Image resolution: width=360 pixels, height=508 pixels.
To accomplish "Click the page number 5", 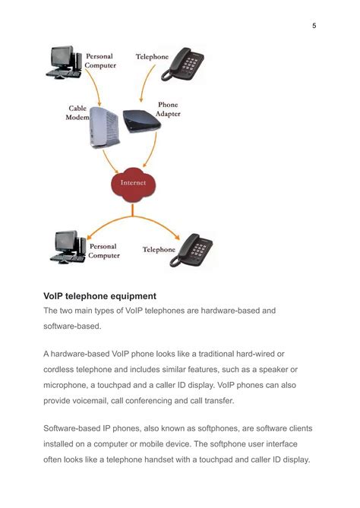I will (x=314, y=26).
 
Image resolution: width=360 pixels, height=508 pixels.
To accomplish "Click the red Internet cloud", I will (x=132, y=183).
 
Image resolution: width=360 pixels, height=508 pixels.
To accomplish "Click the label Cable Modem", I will (x=77, y=113).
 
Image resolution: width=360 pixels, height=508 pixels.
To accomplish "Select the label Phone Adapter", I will (x=168, y=109).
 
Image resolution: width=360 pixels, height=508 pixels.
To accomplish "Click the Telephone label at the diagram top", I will (x=152, y=57).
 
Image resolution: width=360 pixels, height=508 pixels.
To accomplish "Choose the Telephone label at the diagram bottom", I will (x=159, y=249).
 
